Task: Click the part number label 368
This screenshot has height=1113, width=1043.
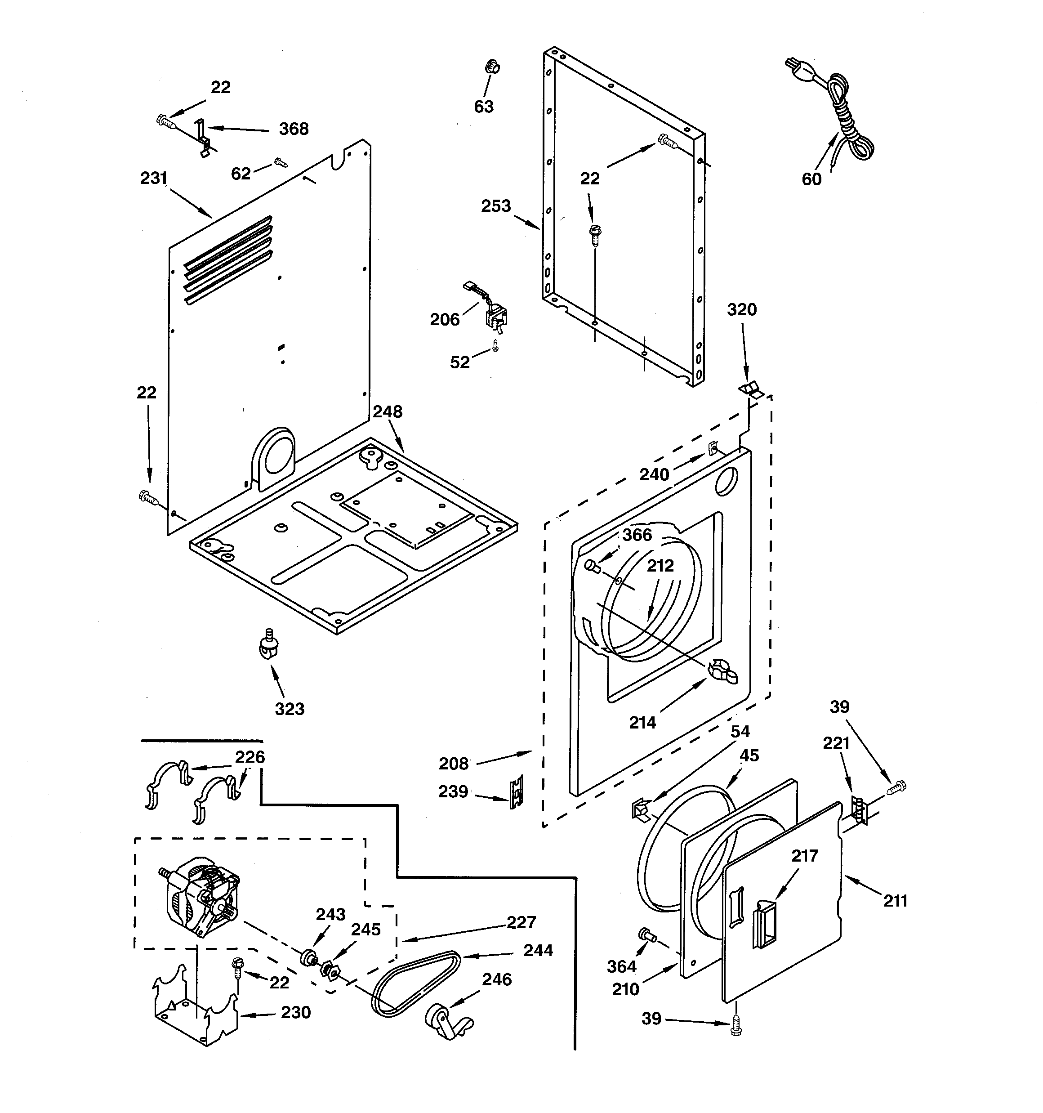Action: coord(294,130)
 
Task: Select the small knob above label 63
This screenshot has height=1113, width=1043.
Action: coord(491,67)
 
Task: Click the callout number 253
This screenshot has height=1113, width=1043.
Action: coord(496,206)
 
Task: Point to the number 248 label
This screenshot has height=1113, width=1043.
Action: coord(388,412)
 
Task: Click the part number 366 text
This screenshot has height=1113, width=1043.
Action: coord(637,535)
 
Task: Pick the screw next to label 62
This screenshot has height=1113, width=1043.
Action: coord(281,163)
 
